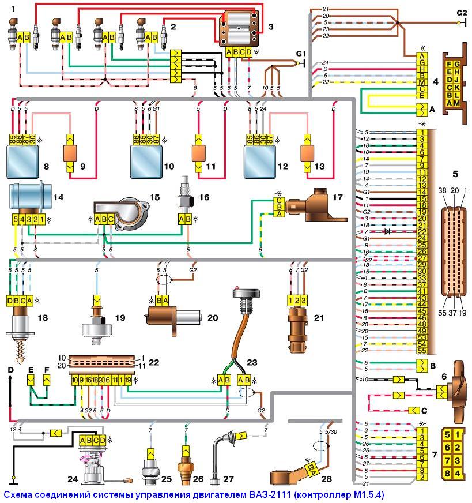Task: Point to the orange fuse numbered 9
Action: coord(70,154)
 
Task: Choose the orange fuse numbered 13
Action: coord(305,154)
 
